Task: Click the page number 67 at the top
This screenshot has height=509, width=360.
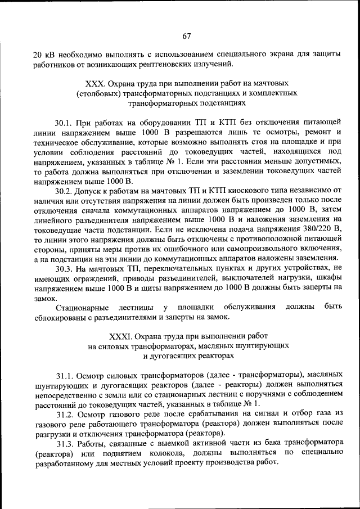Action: pos(187,37)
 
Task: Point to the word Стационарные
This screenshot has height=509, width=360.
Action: pos(80,307)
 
